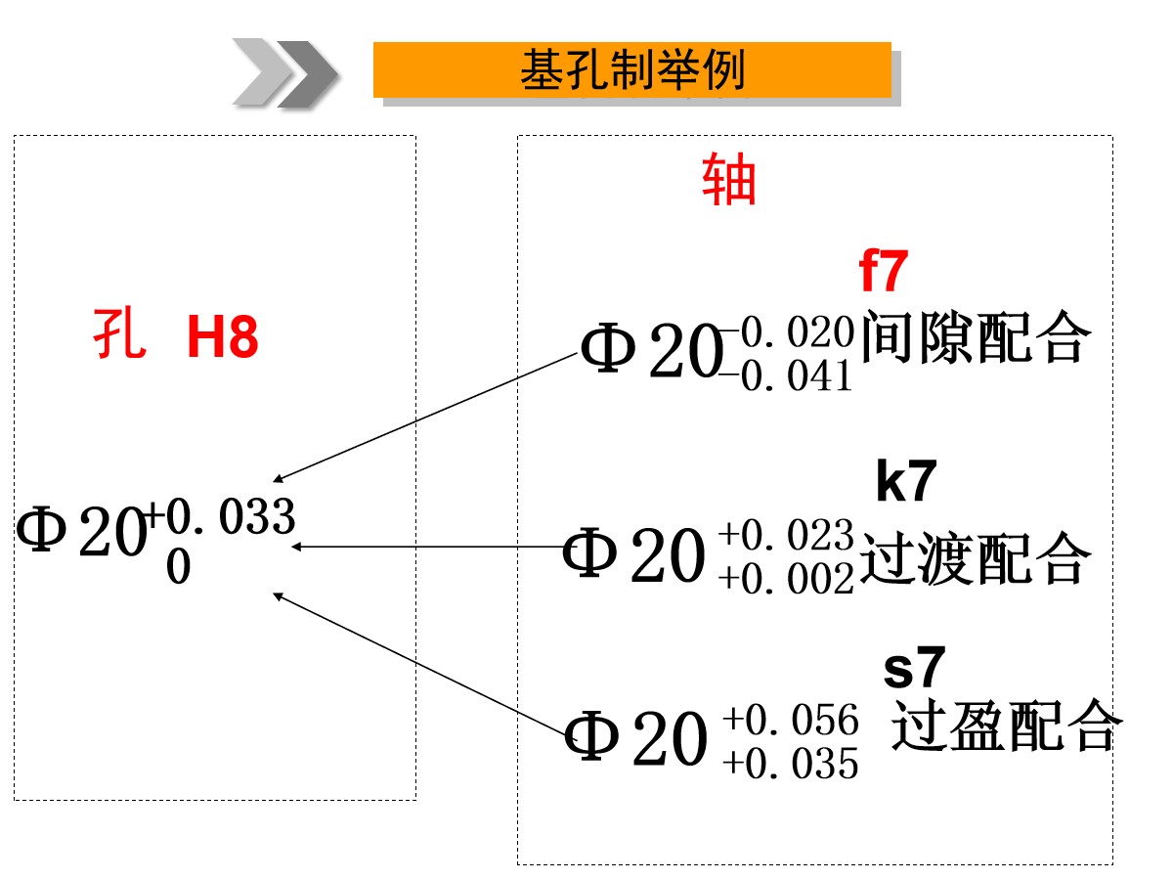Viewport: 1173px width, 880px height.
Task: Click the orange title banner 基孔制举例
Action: (x=631, y=69)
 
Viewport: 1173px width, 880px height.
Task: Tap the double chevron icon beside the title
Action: (x=284, y=73)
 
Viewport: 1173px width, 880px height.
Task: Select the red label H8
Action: (x=222, y=336)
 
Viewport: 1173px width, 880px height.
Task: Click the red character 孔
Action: (x=119, y=333)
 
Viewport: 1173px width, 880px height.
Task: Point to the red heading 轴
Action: (x=728, y=179)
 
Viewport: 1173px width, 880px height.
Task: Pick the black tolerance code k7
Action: (x=906, y=481)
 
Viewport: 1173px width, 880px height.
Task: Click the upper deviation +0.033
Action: (x=220, y=516)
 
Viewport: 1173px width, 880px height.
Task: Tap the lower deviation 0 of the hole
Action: (x=179, y=567)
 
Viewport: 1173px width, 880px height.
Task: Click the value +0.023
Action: (x=787, y=534)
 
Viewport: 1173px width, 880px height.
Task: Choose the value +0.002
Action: (x=787, y=578)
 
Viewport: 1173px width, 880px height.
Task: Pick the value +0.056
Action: (x=791, y=720)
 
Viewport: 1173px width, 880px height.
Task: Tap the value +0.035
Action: (x=791, y=764)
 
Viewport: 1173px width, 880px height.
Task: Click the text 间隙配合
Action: (x=977, y=336)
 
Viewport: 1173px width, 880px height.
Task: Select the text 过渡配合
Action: (x=975, y=557)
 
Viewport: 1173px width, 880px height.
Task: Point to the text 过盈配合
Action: (x=1007, y=726)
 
